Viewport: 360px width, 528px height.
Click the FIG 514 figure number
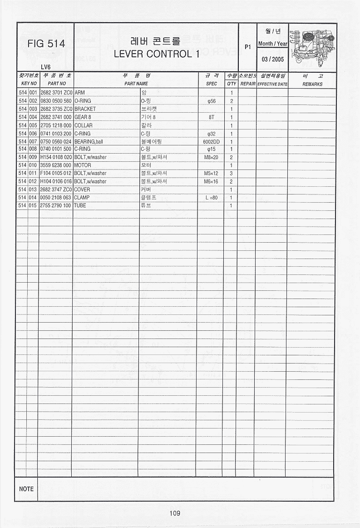point(46,44)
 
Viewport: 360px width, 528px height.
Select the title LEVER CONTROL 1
point(157,54)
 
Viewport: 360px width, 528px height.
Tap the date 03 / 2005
point(272,60)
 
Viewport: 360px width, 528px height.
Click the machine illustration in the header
point(313,46)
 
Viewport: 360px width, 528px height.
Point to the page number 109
point(175,513)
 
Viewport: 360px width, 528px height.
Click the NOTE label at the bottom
point(26,489)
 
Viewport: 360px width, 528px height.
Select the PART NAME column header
point(136,84)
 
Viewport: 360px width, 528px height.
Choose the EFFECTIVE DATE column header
point(272,84)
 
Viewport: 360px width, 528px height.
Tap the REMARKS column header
point(312,84)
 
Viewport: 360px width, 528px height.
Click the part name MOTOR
point(83,165)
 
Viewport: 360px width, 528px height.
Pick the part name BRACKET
point(85,109)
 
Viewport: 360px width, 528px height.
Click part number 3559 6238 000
point(56,165)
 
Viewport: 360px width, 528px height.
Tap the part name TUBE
point(80,205)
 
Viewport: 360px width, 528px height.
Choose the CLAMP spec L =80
point(211,198)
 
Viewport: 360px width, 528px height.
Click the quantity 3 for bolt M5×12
point(231,173)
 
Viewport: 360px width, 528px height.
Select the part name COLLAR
point(84,125)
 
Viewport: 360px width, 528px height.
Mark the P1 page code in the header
point(247,47)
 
